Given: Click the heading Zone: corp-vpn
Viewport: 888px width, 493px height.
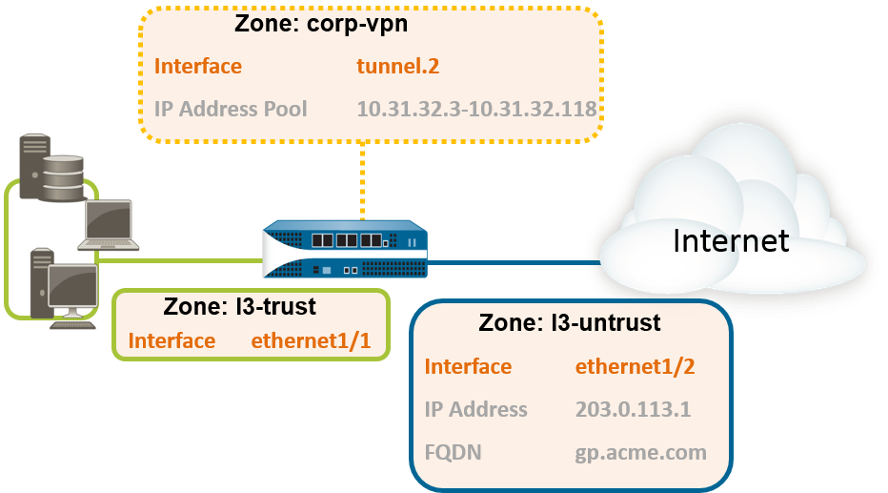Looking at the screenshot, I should tap(321, 25).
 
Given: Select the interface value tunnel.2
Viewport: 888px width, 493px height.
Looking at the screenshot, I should tap(397, 67).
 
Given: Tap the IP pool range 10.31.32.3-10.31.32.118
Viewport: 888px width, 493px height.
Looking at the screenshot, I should tap(476, 109).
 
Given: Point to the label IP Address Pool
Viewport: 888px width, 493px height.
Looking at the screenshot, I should tap(231, 109).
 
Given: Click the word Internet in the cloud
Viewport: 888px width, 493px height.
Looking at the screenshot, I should tap(731, 240).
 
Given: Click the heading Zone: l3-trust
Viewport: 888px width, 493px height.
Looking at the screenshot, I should tap(239, 307).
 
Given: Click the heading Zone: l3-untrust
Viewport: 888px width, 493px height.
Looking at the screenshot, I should tap(569, 323).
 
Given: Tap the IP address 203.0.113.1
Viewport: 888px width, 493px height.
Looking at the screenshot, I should tap(633, 409).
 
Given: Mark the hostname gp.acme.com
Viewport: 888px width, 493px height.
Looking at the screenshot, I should tap(640, 451).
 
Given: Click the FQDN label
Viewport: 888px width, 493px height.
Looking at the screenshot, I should tap(453, 451).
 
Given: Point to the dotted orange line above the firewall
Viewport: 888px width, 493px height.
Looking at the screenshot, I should tap(362, 182).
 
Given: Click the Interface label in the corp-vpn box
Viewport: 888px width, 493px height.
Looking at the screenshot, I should tap(197, 67).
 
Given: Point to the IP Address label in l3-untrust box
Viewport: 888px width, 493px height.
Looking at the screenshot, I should tap(475, 409).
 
